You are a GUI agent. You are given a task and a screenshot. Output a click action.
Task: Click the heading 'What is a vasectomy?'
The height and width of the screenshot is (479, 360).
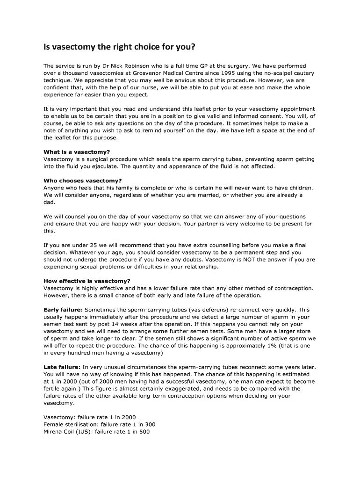(x=77, y=152)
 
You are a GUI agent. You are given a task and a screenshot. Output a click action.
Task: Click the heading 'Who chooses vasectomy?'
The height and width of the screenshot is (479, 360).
(x=82, y=181)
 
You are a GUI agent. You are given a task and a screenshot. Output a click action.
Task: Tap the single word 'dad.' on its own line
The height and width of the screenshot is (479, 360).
(x=50, y=202)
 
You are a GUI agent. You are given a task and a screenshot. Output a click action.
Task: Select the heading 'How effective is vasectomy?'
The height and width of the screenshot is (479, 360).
(x=87, y=281)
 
